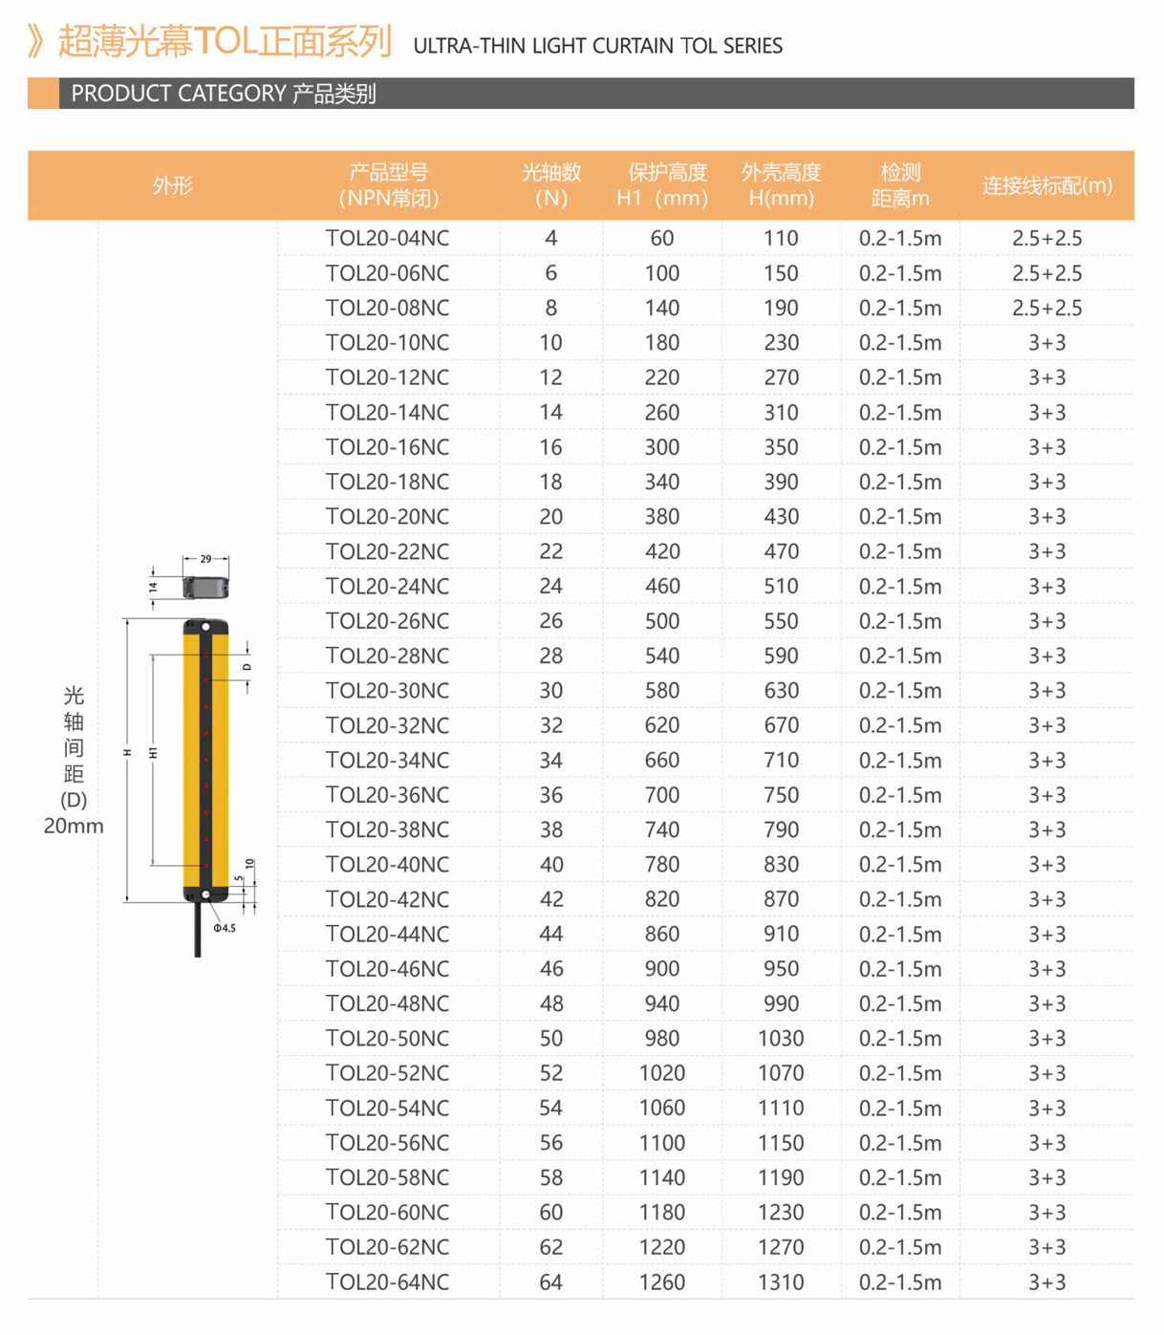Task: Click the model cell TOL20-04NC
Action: tap(387, 239)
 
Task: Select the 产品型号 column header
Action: tap(388, 185)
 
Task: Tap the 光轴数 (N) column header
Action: tap(550, 185)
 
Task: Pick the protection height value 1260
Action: tap(661, 1282)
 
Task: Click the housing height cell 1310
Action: tap(781, 1282)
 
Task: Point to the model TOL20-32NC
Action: tap(387, 725)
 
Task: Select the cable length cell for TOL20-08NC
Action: tap(1046, 309)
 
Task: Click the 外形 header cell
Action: tap(172, 185)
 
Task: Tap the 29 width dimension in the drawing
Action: tap(205, 559)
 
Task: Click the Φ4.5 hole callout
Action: tap(225, 928)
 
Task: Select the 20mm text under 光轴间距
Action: tap(74, 826)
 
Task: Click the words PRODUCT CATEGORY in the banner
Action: tap(179, 94)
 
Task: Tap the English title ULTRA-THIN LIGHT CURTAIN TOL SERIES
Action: tap(597, 46)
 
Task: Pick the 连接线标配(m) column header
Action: tap(1046, 185)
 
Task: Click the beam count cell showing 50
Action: tap(550, 1039)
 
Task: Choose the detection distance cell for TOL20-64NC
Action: tap(899, 1282)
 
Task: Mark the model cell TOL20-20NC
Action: tap(387, 517)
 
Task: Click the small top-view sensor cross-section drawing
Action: tap(205, 587)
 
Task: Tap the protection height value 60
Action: tap(661, 239)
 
